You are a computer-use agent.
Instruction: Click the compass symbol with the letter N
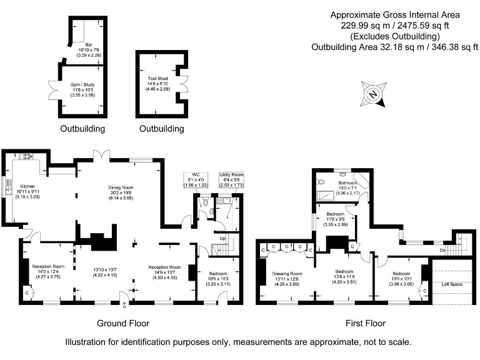(373, 95)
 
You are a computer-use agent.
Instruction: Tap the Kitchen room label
(27, 186)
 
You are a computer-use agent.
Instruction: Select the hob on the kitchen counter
(27, 156)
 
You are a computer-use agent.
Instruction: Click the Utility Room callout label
(231, 175)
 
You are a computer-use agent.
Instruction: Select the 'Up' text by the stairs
(222, 238)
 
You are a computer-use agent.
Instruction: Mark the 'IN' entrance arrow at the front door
(124, 306)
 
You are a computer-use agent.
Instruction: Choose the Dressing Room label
(287, 274)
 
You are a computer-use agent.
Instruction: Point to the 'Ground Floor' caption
(123, 323)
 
